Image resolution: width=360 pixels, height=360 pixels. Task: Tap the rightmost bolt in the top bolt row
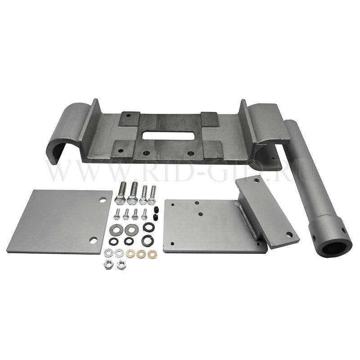coord(152,195)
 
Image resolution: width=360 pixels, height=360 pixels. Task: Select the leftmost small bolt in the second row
coord(117,214)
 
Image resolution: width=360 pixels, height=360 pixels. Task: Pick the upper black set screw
coord(156,209)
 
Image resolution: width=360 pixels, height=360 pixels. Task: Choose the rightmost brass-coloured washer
coord(152,254)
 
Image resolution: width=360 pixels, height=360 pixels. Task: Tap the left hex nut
coord(108,265)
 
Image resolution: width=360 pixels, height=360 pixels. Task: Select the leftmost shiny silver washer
coord(108,253)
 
